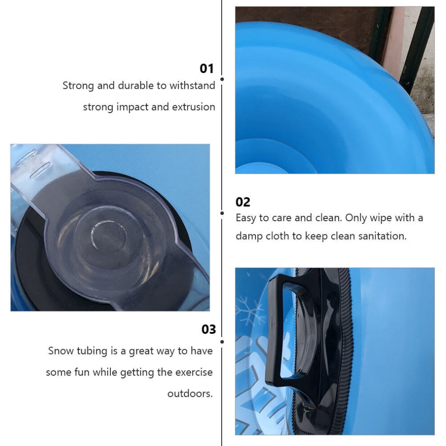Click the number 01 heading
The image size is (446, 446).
(206, 68)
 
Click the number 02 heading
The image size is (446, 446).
(243, 202)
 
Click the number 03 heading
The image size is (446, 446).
(209, 329)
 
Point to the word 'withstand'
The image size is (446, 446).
(192, 85)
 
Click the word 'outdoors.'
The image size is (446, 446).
(190, 394)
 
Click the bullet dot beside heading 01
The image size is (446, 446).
(222, 79)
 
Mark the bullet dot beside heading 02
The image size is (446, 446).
(222, 213)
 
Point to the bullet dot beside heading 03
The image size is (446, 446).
(222, 341)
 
